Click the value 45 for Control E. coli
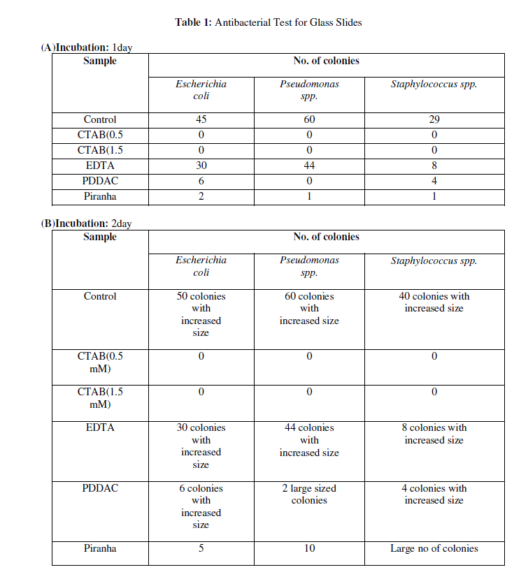pyautogui.click(x=201, y=120)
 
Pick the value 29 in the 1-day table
pyautogui.click(x=434, y=120)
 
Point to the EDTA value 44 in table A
pyautogui.click(x=309, y=166)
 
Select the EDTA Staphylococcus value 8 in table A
pyautogui.click(x=434, y=166)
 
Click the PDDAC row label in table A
pyautogui.click(x=100, y=182)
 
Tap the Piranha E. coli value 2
pyautogui.click(x=201, y=197)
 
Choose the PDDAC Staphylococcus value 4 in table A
pyautogui.click(x=434, y=182)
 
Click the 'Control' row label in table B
pyautogui.click(x=100, y=296)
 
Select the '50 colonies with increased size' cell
pyautogui.click(x=201, y=314)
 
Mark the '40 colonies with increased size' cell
pyautogui.click(x=434, y=302)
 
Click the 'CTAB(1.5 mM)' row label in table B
pyautogui.click(x=100, y=398)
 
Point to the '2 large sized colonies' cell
pyautogui.click(x=309, y=494)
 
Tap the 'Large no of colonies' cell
pyautogui.click(x=434, y=549)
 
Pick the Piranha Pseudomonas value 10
pyautogui.click(x=309, y=549)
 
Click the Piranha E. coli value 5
pyautogui.click(x=201, y=549)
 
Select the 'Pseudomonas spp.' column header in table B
pyautogui.click(x=309, y=266)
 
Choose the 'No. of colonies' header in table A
pyautogui.click(x=326, y=61)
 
